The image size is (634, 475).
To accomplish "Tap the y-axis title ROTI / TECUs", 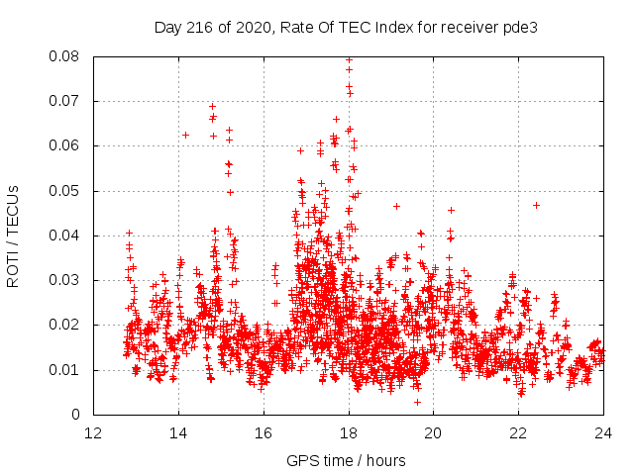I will (13, 236).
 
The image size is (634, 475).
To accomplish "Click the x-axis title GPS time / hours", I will (348, 460).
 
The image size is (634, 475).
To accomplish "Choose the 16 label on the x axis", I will (264, 432).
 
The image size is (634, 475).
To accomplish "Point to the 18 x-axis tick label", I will (349, 432).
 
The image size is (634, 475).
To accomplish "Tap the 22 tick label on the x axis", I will (518, 432).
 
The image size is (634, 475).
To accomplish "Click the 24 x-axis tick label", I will (603, 432).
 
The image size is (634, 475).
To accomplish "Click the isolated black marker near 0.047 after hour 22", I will (536, 205).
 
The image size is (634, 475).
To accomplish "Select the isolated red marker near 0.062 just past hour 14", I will (185, 135).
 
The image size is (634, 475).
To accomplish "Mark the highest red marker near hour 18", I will (349, 59).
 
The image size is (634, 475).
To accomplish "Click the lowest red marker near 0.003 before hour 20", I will (417, 402).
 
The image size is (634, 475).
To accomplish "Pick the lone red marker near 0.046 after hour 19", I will (396, 206).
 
